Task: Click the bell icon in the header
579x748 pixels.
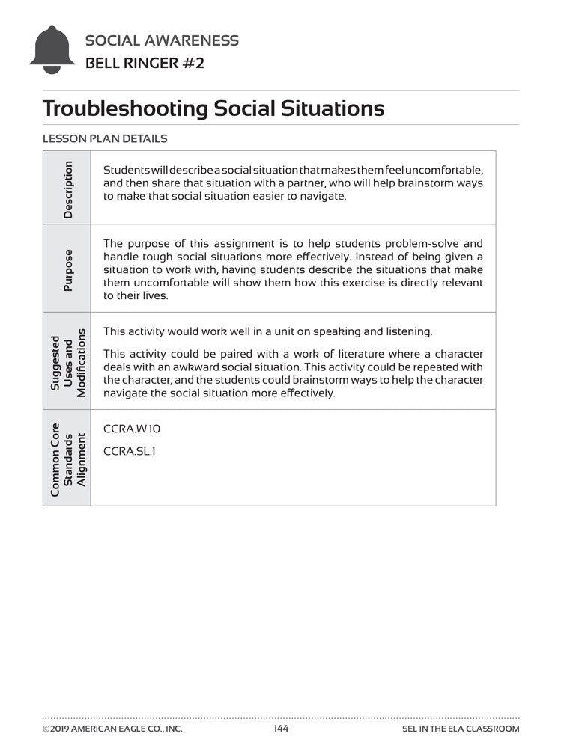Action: [52, 50]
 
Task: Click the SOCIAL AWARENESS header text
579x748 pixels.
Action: [163, 40]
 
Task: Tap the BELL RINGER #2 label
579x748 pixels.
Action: [145, 63]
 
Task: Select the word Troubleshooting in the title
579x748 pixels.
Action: [125, 108]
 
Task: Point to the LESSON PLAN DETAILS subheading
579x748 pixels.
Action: [105, 138]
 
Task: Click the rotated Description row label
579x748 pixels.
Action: [68, 190]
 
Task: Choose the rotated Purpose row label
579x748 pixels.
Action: [68, 271]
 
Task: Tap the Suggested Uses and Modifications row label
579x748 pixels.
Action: [68, 362]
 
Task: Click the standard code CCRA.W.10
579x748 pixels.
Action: [132, 429]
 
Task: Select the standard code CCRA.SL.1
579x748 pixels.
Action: [130, 451]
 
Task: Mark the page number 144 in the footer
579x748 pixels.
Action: [281, 729]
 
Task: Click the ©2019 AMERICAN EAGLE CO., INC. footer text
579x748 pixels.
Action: [112, 729]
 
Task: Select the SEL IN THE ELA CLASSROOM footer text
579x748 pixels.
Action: [461, 729]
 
